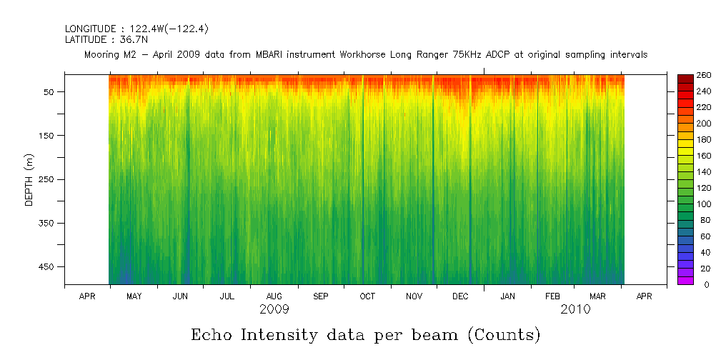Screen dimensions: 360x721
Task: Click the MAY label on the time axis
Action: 133,296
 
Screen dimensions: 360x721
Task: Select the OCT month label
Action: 367,296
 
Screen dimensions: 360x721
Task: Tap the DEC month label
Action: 461,296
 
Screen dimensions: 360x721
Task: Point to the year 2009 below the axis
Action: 274,309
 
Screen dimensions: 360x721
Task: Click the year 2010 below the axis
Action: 575,309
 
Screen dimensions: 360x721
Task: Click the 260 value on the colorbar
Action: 703,75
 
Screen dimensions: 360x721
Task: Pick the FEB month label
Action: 552,296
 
